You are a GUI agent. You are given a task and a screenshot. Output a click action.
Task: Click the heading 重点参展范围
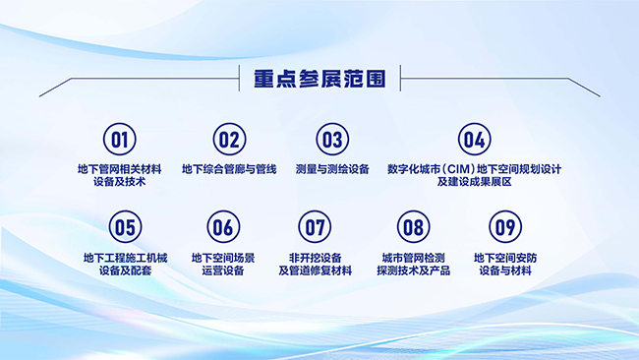pos(319,79)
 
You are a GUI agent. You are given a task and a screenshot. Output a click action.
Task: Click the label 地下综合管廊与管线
pos(229,169)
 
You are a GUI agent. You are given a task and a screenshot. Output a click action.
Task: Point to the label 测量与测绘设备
pos(332,169)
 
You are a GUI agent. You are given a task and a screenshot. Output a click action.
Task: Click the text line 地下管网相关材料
pos(120,169)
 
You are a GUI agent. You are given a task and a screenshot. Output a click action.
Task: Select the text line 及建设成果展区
pos(475,182)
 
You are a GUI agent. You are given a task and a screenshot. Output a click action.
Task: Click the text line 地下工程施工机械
pos(126,258)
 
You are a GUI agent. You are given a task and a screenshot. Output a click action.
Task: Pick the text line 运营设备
pos(223,270)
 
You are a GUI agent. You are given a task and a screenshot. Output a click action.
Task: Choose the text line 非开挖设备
pos(315,258)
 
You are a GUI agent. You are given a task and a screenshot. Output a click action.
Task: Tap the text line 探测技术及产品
pos(414,270)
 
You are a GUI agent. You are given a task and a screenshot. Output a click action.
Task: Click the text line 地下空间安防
pos(505,258)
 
